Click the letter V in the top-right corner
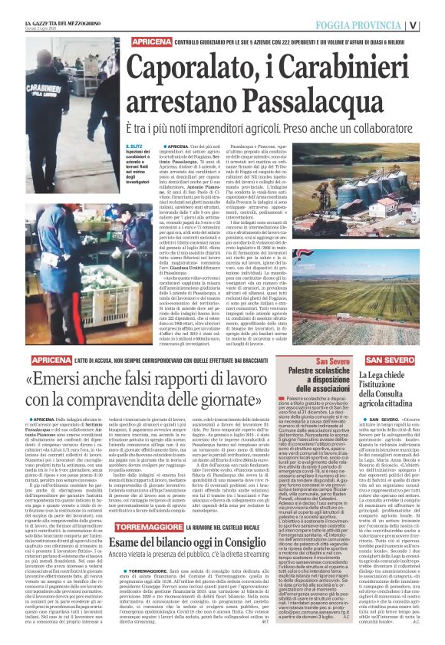[x=434, y=24]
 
